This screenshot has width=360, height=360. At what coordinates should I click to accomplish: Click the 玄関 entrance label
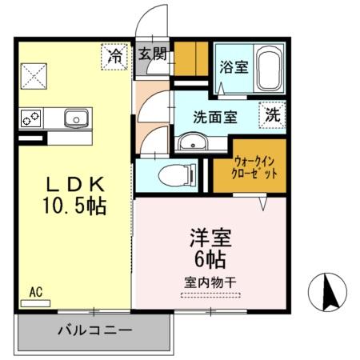pyautogui.click(x=152, y=55)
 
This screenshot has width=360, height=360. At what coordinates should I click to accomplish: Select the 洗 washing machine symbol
pyautogui.click(x=274, y=114)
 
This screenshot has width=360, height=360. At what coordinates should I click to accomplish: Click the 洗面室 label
pyautogui.click(x=214, y=116)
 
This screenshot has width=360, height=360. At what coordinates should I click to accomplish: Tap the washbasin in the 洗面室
pyautogui.click(x=191, y=142)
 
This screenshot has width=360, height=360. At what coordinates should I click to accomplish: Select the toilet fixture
pyautogui.click(x=174, y=174)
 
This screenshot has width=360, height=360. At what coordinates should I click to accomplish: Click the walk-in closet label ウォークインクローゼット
pyautogui.click(x=256, y=166)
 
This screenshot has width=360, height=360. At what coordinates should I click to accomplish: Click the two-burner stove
pyautogui.click(x=33, y=118)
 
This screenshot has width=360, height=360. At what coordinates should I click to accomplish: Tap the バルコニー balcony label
pyautogui.click(x=94, y=329)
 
